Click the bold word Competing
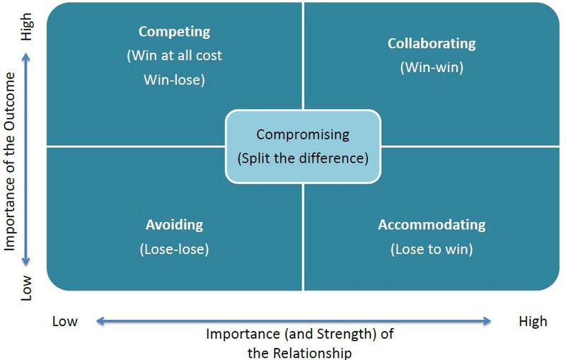[x=174, y=32]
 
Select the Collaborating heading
[x=432, y=44]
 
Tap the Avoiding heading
[x=174, y=225]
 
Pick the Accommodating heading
[x=432, y=225]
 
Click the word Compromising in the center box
[x=303, y=135]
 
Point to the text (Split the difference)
[x=303, y=158]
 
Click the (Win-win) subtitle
[x=432, y=67]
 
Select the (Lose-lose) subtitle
[x=174, y=249]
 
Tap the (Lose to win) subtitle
[x=432, y=249]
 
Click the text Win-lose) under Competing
[x=174, y=80]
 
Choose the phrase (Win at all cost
[x=174, y=56]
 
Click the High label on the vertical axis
[x=26, y=27]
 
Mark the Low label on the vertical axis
[x=26, y=288]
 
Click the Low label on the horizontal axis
[x=65, y=321]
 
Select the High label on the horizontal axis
[x=533, y=321]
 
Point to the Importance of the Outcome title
[x=10, y=161]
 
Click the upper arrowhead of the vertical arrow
[x=25, y=57]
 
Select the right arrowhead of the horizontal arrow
[x=487, y=321]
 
